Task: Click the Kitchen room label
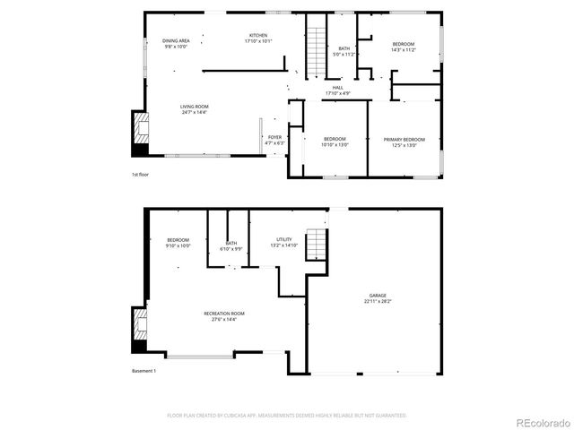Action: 257,38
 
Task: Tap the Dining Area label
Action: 176,43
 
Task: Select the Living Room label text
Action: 195,109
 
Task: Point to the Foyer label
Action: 274,140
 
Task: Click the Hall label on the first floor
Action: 337,90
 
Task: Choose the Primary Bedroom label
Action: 404,142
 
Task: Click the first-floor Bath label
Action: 344,51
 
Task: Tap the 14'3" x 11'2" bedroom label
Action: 404,47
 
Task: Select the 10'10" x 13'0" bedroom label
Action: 335,142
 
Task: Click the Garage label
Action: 378,298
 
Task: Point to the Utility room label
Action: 284,242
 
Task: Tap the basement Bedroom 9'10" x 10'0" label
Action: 178,242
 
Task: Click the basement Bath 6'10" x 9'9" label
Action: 231,245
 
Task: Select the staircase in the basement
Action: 316,244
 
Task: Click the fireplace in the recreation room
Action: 139,326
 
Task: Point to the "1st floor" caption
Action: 140,175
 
